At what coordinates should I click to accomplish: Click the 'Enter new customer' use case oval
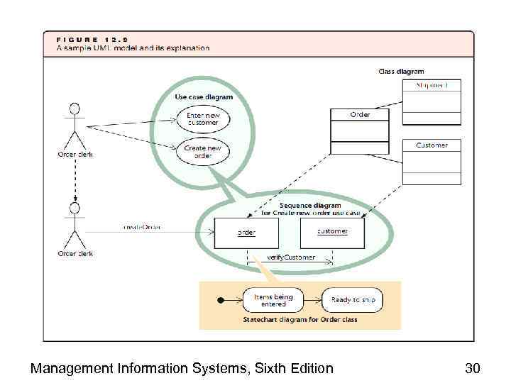point(203,118)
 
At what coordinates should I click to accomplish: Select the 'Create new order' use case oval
point(203,152)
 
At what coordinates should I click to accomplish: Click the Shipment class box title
point(432,86)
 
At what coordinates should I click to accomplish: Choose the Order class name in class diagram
point(360,113)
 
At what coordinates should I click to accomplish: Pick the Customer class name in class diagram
point(432,145)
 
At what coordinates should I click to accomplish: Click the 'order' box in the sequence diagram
point(246,232)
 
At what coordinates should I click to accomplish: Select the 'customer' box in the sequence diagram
point(332,231)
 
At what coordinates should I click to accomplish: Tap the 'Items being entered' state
point(273,301)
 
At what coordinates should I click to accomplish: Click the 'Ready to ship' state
point(353,300)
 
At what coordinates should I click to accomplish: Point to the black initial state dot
point(221,300)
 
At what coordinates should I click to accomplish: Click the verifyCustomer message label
point(291,257)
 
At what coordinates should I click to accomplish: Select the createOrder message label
point(142,228)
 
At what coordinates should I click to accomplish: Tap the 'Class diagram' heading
point(402,71)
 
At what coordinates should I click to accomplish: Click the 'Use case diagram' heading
point(204,97)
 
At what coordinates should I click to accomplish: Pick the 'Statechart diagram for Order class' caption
point(300,320)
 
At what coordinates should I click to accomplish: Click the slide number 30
point(473,367)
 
